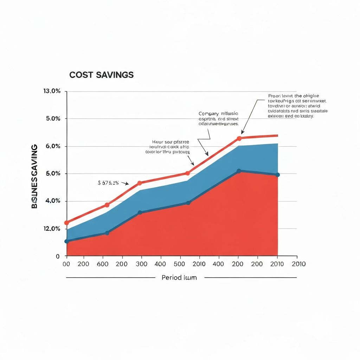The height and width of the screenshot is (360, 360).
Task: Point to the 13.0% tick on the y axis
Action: click(52, 91)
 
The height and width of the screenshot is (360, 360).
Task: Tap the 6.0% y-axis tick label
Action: click(53, 146)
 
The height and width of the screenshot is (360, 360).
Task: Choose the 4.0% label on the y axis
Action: click(53, 201)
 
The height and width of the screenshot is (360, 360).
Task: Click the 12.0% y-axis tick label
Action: click(52, 229)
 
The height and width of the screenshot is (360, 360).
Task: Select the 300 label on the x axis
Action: click(141, 264)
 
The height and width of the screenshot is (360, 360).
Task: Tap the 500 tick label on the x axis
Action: click(180, 264)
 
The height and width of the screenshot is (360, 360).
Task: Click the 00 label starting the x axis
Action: click(66, 264)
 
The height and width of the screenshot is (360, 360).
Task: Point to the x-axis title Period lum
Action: click(179, 277)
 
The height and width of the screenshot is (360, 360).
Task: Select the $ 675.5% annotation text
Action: click(108, 183)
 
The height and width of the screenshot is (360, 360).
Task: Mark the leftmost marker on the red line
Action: click(66, 223)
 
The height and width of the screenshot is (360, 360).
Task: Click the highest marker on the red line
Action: click(239, 138)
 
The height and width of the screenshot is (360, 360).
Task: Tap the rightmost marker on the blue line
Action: click(278, 175)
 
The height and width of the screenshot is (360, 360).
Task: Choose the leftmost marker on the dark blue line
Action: click(66, 241)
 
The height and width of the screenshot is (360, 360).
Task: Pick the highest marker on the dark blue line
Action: click(239, 171)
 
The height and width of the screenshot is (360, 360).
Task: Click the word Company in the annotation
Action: click(208, 114)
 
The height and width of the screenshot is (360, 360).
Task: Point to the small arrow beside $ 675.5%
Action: click(125, 183)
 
